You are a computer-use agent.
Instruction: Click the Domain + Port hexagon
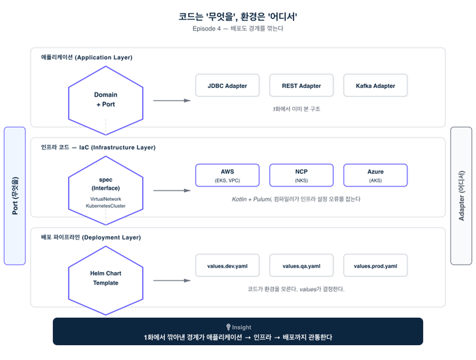[105, 99]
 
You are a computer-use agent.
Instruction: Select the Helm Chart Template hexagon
[105, 278]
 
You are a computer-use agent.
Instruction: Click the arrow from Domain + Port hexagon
[171, 101]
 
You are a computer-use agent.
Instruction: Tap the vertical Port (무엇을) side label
[15, 196]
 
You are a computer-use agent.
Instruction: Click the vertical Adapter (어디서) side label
[461, 196]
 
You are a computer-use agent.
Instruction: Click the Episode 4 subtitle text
[238, 29]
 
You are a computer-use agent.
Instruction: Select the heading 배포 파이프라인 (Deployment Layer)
[90, 237]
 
